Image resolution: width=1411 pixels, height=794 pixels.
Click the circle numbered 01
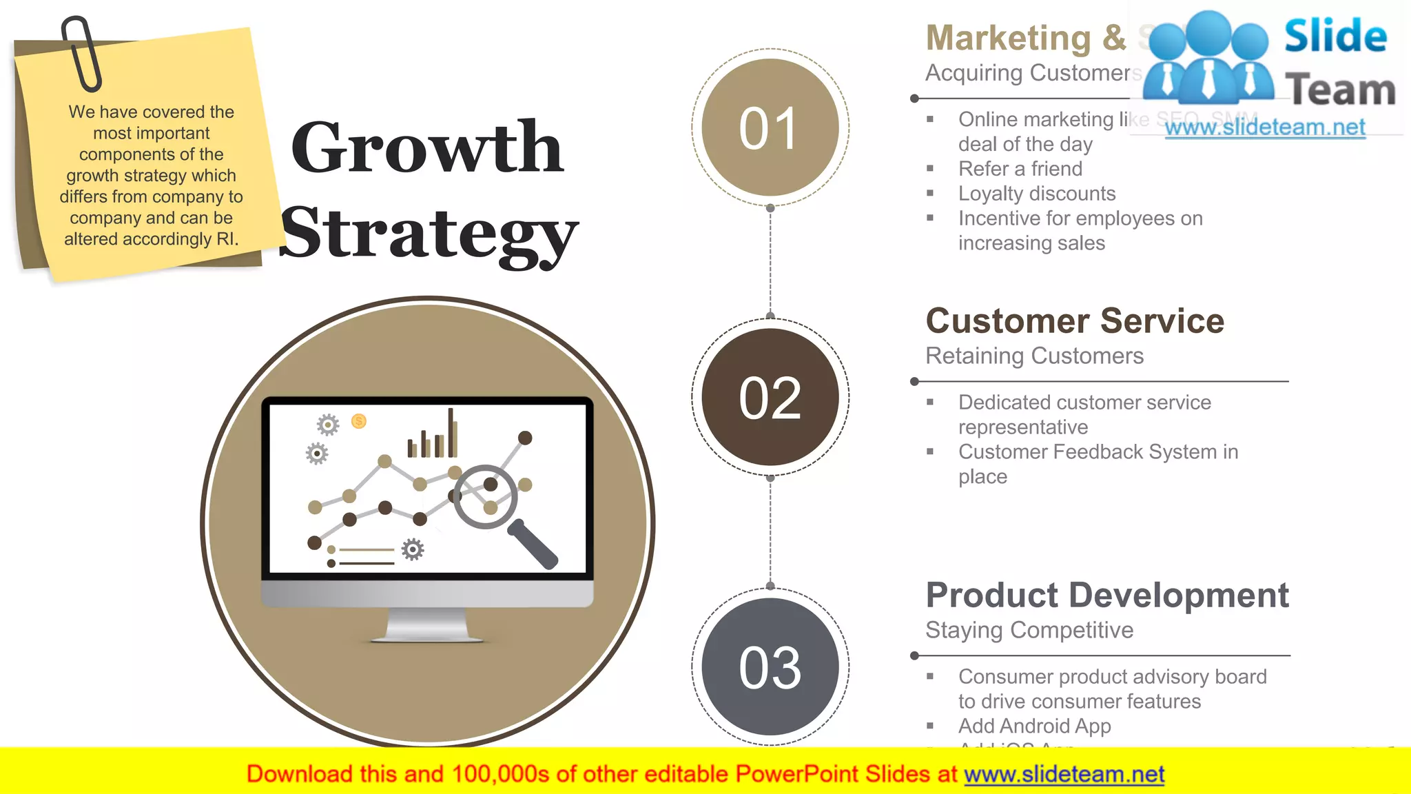coord(770,128)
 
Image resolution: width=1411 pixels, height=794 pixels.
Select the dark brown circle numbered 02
coord(770,397)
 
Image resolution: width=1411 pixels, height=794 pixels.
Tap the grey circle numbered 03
coord(770,666)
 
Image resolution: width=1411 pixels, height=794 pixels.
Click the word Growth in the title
coord(427,147)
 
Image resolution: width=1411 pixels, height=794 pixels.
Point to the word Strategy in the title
coord(429,234)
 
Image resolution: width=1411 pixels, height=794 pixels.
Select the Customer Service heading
coord(1074,321)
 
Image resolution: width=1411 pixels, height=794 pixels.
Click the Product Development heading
coord(1106,595)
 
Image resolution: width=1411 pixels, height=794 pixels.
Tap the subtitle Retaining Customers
coord(1033,356)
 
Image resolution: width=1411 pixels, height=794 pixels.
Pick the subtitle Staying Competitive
coord(1029,631)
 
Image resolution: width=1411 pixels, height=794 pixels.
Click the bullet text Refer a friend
coord(1020,169)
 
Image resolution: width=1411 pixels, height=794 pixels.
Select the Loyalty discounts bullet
coord(1036,194)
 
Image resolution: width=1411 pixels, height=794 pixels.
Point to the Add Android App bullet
coord(1033,726)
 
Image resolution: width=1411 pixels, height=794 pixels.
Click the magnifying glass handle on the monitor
coord(534,544)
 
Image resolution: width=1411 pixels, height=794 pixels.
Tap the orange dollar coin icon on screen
coord(358,421)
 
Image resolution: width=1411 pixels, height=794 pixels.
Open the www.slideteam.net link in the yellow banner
coord(1064,775)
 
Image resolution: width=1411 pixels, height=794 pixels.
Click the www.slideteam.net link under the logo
coord(1264,128)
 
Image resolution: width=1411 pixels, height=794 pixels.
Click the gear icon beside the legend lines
coord(413,549)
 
